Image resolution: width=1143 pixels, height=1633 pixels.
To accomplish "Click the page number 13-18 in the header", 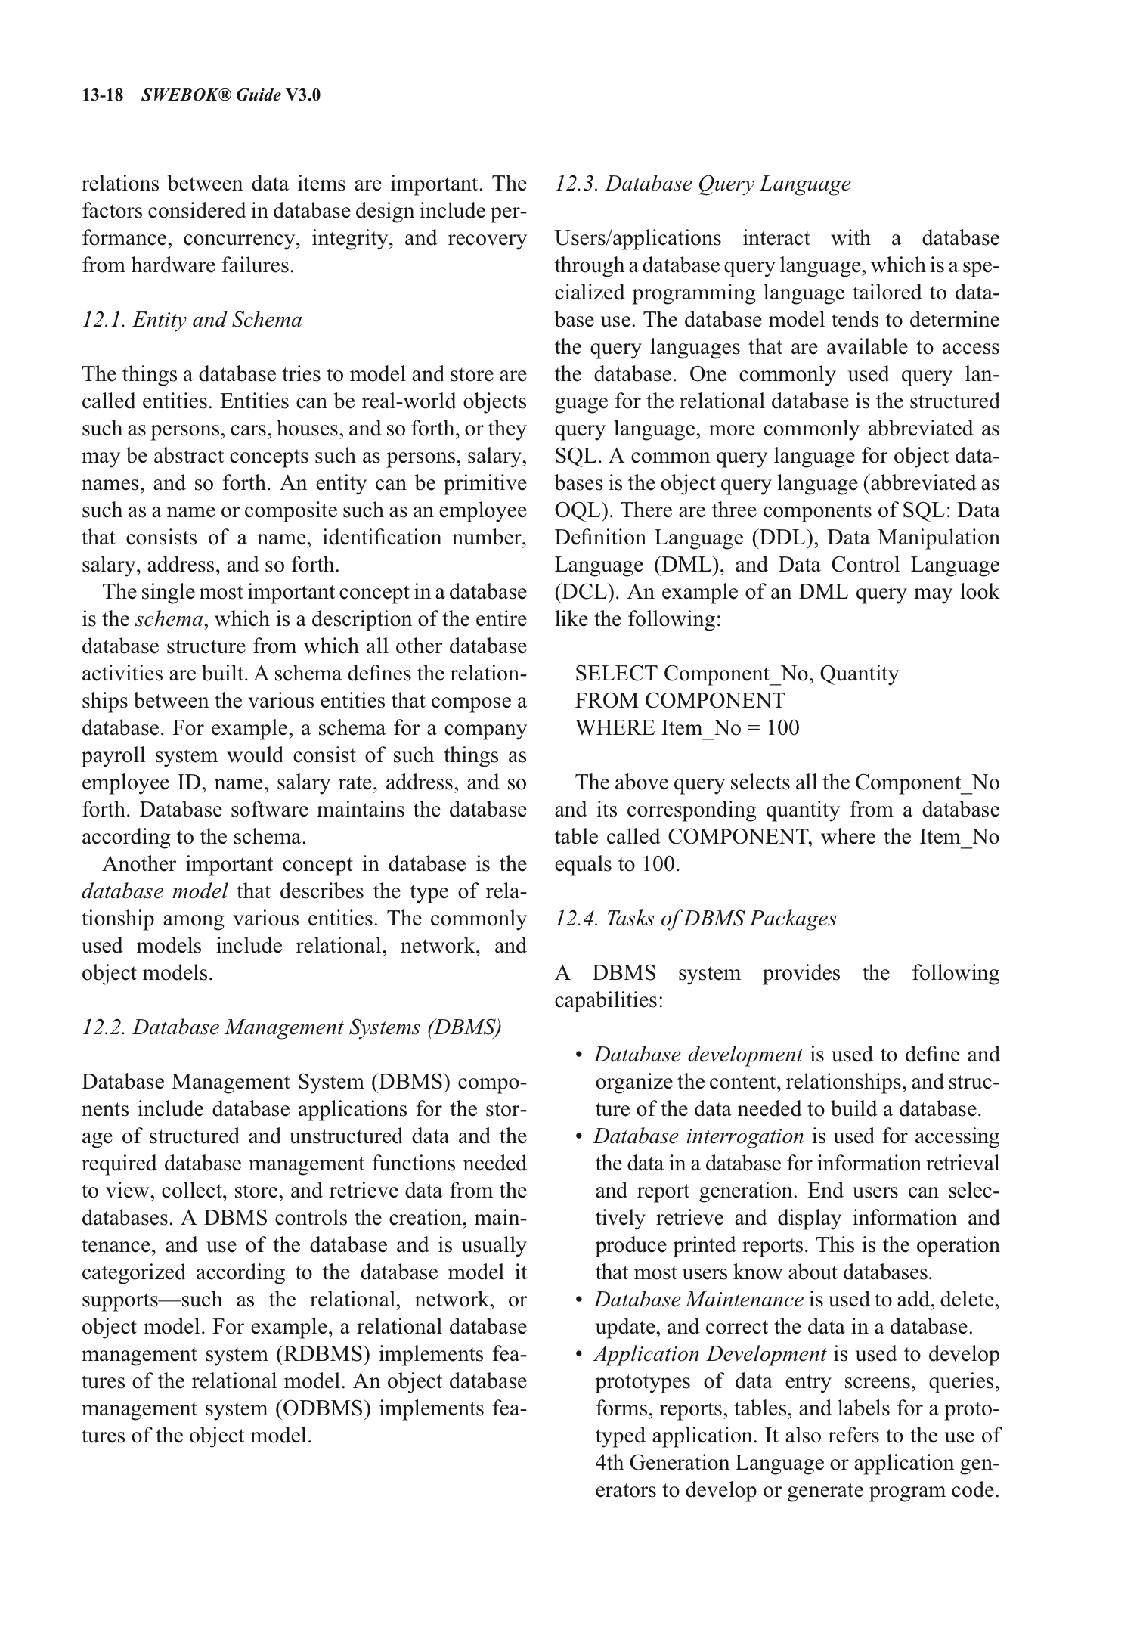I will (102, 95).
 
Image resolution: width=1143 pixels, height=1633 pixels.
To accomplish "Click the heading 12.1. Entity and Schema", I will (191, 320).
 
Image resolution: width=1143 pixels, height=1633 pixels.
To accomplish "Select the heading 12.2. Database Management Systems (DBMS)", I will (291, 1027).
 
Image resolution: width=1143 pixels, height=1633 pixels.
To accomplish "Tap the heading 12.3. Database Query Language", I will (702, 184).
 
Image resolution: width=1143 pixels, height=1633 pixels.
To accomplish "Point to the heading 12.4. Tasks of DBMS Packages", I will (695, 919).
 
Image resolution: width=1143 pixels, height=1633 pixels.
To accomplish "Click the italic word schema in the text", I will (169, 619).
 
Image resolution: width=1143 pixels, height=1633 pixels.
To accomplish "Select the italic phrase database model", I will (154, 891).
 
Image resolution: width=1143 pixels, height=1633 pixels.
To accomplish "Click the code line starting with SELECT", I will (736, 674).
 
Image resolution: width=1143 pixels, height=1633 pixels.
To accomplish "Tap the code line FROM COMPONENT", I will (680, 701).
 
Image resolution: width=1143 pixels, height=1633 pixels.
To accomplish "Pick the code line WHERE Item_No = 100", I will (686, 728).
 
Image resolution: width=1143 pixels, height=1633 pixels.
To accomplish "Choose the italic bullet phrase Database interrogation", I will (698, 1136).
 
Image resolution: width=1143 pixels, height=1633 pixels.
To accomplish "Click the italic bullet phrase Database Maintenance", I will (698, 1300).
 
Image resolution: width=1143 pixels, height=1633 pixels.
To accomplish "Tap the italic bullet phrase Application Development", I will (710, 1354).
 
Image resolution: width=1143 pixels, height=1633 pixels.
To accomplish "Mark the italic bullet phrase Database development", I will (698, 1055).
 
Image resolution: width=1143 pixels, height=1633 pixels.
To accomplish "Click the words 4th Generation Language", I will (709, 1463).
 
